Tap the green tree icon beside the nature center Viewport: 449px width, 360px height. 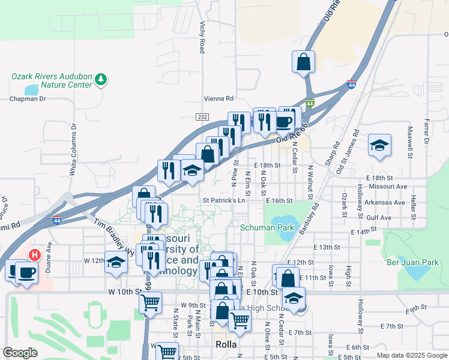pyautogui.click(x=101, y=78)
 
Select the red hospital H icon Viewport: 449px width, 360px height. pyautogui.click(x=34, y=254)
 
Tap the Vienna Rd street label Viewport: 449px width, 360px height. pyautogui.click(x=217, y=98)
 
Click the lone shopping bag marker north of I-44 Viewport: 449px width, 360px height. pyautogui.click(x=304, y=61)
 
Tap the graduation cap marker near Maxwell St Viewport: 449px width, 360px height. pyautogui.click(x=379, y=145)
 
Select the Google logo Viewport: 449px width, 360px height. pyautogui.click(x=20, y=352)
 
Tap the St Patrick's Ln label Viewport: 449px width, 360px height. pyautogui.click(x=224, y=200)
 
